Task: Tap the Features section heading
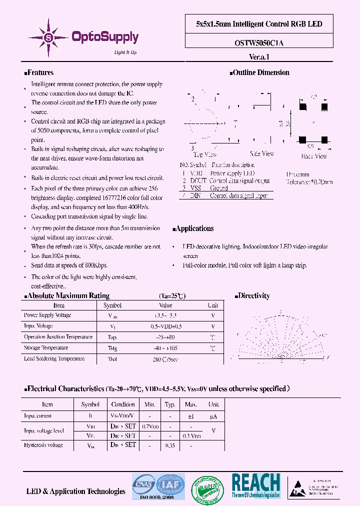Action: (x=39, y=72)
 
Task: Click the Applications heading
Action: (x=194, y=228)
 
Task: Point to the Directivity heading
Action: (x=253, y=295)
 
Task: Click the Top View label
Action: (x=205, y=154)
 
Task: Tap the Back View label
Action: (x=314, y=156)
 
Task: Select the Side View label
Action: (x=262, y=154)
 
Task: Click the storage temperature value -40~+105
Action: (x=165, y=348)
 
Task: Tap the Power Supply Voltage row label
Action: (x=47, y=315)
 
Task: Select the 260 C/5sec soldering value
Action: (x=165, y=359)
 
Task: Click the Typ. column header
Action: (x=170, y=404)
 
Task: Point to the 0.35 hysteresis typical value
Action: (x=170, y=444)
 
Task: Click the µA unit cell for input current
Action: (x=213, y=416)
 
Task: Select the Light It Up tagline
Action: (x=125, y=52)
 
